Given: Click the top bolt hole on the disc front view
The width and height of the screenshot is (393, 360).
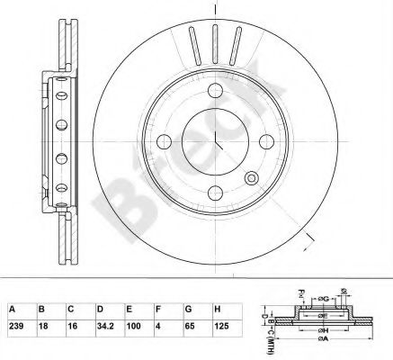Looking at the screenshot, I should click(x=216, y=94).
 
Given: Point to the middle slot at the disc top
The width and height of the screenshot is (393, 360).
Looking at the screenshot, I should click(x=216, y=40).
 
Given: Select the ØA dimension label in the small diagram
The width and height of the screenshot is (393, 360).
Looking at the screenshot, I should click(x=320, y=352).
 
